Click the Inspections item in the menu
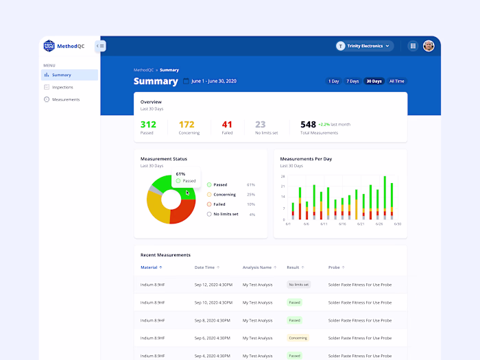62,87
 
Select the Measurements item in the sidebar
65,99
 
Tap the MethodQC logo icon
49,46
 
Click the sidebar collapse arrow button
100,46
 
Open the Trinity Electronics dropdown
364,46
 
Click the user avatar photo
429,46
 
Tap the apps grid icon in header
413,46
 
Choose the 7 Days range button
352,81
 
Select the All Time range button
397,81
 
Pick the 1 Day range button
333,81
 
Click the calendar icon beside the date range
186,81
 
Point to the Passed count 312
148,124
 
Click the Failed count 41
227,124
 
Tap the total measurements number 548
308,124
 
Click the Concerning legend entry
224,195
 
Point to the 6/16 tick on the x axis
342,224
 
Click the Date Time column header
204,267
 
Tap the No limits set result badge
298,284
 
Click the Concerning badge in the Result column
298,338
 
